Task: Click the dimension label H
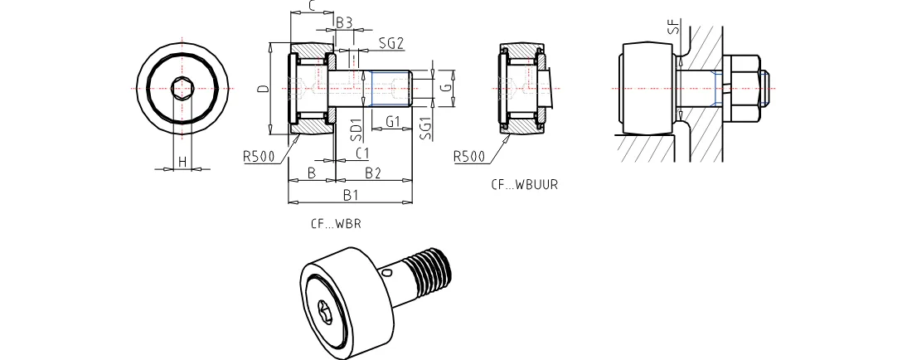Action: pyautogui.click(x=182, y=162)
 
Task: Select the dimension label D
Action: pyautogui.click(x=263, y=88)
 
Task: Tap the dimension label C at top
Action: pyautogui.click(x=311, y=7)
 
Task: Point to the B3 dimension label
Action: pyautogui.click(x=345, y=22)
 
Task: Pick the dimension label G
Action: pyautogui.click(x=445, y=88)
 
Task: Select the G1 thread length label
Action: pyautogui.click(x=393, y=122)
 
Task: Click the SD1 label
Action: pyautogui.click(x=356, y=129)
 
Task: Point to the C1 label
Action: pyautogui.click(x=362, y=153)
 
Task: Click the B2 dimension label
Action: pyautogui.click(x=373, y=173)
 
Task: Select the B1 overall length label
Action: pyautogui.click(x=352, y=195)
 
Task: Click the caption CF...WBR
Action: pyautogui.click(x=336, y=223)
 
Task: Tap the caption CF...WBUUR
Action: pyautogui.click(x=525, y=185)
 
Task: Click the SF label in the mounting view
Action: pyautogui.click(x=675, y=27)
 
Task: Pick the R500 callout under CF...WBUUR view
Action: pyautogui.click(x=469, y=157)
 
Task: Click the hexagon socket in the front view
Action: pyautogui.click(x=182, y=88)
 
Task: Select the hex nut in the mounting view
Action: pyautogui.click(x=741, y=89)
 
